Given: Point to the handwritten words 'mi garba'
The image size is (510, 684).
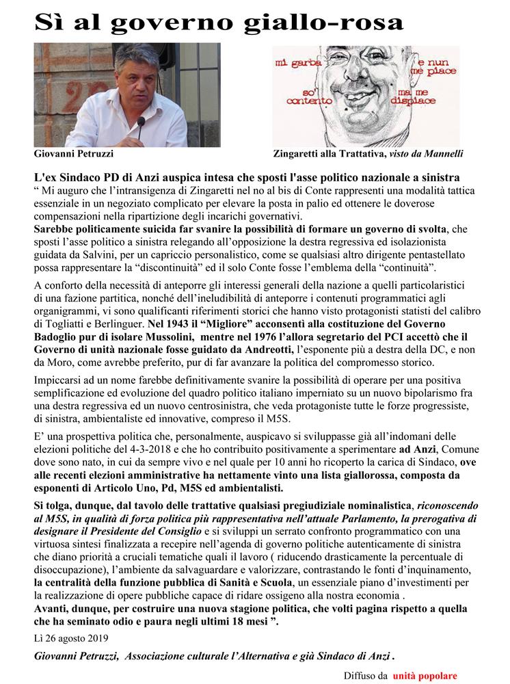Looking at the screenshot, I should coord(295,62).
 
